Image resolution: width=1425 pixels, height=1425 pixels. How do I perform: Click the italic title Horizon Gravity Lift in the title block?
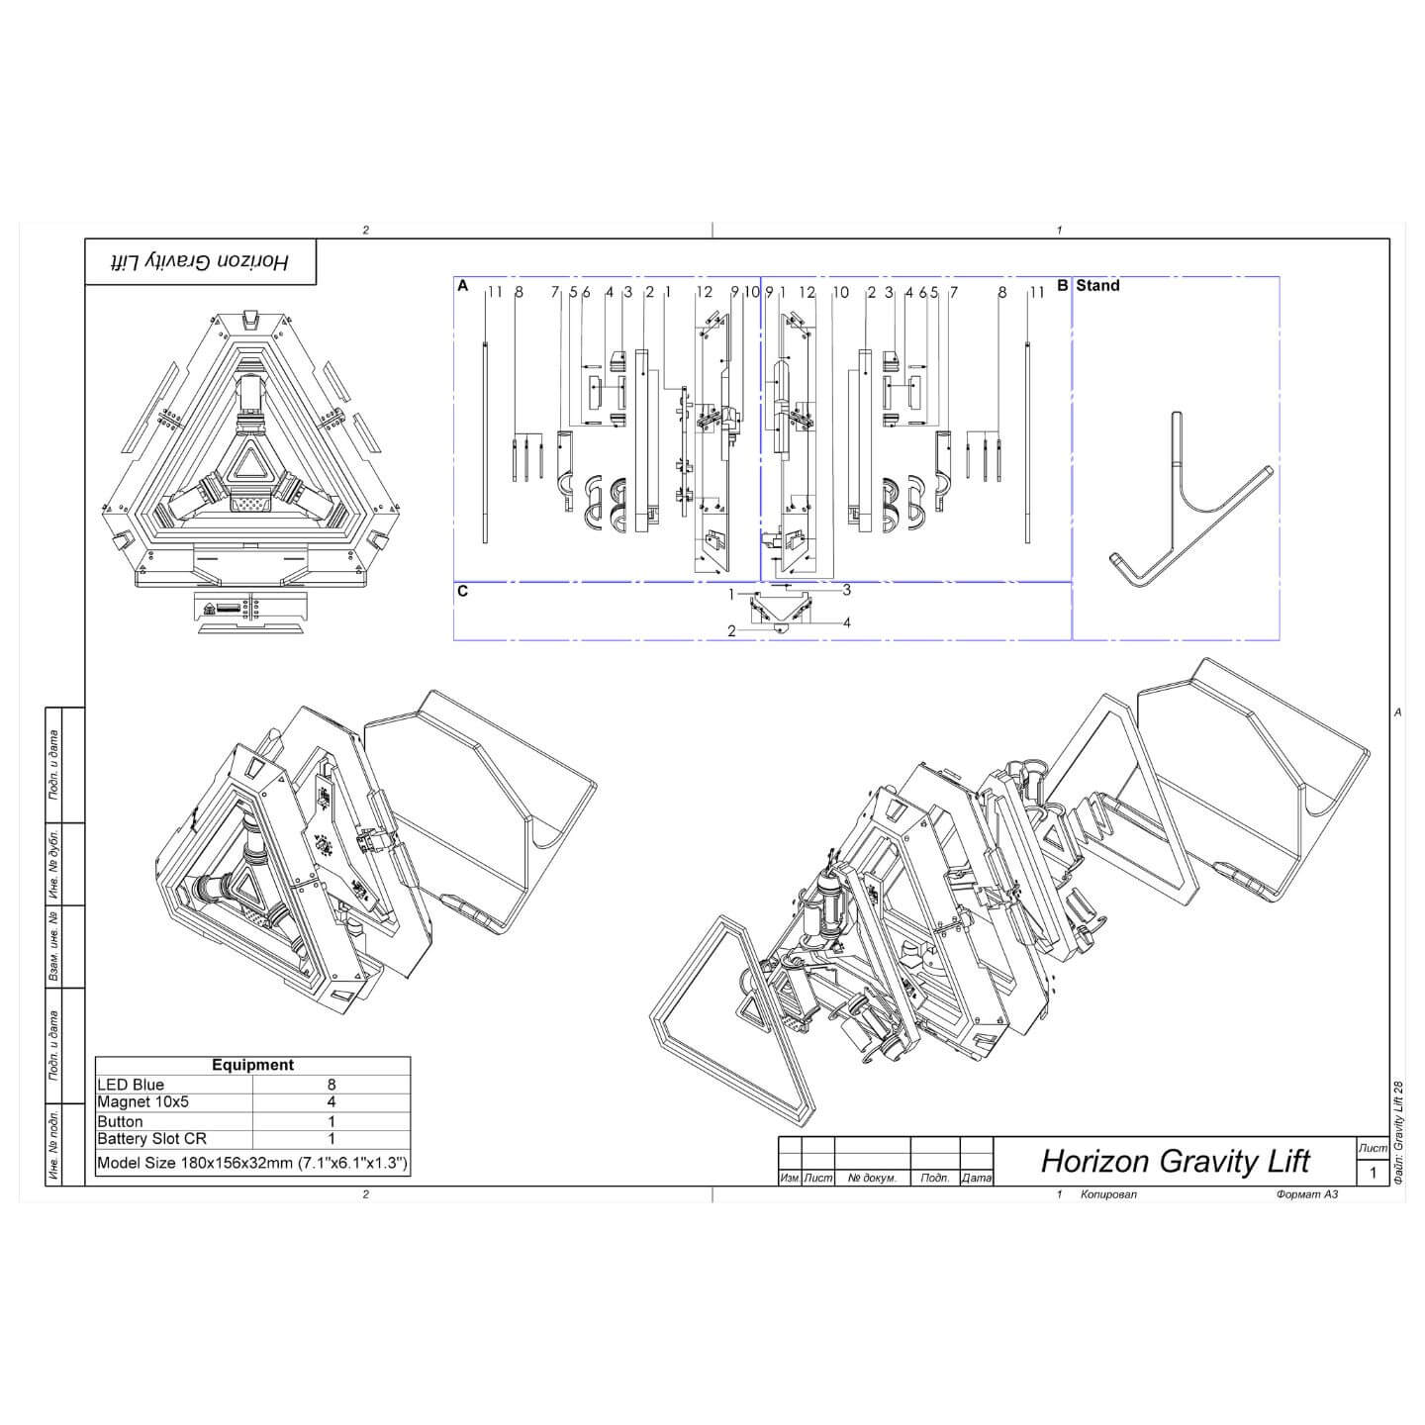[1175, 1161]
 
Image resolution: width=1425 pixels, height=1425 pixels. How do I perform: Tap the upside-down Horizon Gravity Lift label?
[199, 261]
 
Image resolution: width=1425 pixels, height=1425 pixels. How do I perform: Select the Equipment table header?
[252, 1065]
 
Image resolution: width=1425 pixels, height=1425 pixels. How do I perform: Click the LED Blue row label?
[131, 1085]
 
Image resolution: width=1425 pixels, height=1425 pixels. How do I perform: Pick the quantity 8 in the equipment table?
[332, 1085]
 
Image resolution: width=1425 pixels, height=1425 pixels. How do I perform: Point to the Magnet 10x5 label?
[142, 1101]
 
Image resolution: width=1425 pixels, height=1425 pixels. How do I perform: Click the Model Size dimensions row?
[252, 1163]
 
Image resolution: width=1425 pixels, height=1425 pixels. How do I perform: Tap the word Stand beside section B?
[1097, 286]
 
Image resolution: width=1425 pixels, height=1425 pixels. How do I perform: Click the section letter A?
[462, 286]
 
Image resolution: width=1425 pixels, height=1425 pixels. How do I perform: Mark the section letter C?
[462, 592]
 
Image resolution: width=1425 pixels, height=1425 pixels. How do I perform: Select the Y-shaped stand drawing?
[1187, 505]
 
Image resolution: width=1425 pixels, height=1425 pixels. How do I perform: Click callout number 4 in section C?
[847, 622]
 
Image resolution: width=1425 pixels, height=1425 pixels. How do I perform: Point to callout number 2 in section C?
[731, 630]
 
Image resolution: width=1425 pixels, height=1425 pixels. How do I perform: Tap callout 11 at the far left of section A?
[495, 292]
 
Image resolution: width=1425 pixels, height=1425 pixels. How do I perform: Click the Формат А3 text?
[1306, 1194]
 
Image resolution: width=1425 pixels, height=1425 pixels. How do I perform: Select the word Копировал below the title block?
[1108, 1194]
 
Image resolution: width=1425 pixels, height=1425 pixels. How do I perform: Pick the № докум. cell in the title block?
[872, 1179]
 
